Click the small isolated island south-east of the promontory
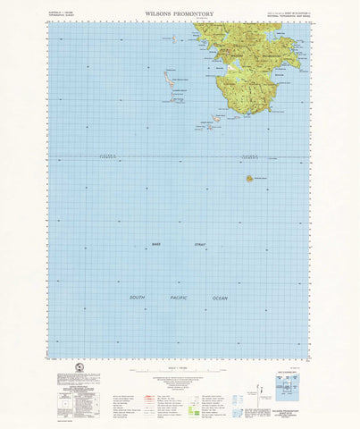(250, 178)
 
